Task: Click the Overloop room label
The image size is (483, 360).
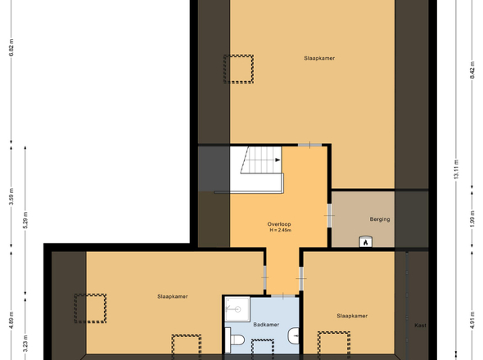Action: tap(279, 224)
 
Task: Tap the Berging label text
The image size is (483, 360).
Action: tap(380, 219)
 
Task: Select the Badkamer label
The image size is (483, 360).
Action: tap(266, 325)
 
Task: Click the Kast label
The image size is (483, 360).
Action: tap(420, 325)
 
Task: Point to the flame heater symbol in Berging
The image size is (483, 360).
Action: tap(366, 241)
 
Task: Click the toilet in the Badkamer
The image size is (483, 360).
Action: tap(235, 340)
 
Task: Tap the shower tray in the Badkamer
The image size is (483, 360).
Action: tap(237, 309)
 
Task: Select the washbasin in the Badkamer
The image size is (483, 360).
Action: tap(294, 335)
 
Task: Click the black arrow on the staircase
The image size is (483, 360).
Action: tap(278, 160)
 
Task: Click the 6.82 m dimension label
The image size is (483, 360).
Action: tap(11, 47)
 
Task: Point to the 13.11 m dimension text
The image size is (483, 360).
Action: tap(456, 169)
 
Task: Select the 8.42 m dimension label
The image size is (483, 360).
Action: tap(472, 70)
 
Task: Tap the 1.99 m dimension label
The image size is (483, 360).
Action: tap(472, 220)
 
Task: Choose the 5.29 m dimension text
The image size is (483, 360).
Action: tap(25, 220)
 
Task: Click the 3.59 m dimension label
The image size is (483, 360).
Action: tap(11, 196)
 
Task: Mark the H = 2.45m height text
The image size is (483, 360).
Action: tap(280, 230)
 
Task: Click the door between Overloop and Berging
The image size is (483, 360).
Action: tap(329, 215)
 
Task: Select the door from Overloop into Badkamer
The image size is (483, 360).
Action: tap(283, 296)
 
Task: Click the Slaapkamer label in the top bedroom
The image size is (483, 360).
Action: tap(319, 58)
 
